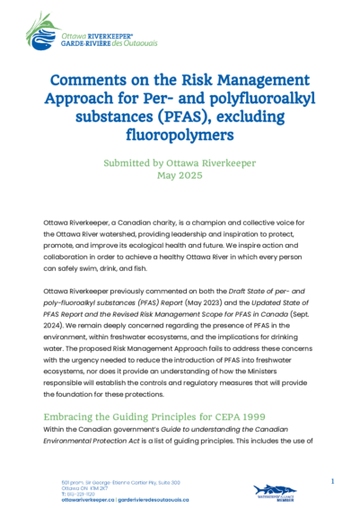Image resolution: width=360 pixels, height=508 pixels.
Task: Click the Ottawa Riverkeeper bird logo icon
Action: click(41, 31)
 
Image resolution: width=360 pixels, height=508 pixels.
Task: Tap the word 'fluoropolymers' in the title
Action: click(180, 136)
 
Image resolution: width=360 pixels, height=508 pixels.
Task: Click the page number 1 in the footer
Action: click(332, 482)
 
